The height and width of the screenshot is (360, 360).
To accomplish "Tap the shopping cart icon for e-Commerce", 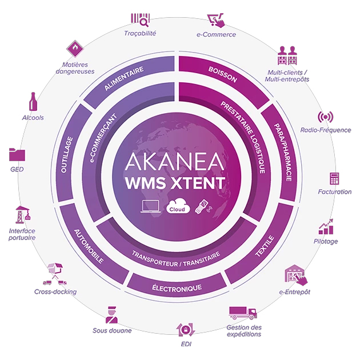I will pos(215,20).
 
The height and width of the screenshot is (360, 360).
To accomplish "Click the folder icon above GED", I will pos(17,154).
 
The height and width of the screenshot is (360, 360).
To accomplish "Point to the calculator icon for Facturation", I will pos(334,179).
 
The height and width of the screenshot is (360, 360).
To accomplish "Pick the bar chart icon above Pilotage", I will pos(326,227).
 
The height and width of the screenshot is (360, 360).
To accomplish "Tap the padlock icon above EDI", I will pos(182,330).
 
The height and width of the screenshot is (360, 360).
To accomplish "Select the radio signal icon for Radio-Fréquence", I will pos(326,118).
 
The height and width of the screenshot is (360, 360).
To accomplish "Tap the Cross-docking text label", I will pos(55,292).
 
